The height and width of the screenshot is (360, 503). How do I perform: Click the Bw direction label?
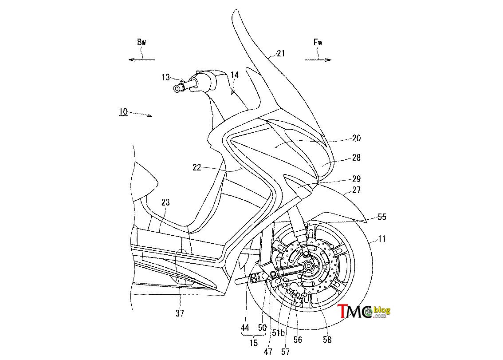point(141,42)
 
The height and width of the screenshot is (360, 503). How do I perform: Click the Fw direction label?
point(318,42)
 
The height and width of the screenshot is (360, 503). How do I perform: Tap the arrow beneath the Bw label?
point(141,59)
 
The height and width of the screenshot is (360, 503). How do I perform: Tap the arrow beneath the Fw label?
point(318,59)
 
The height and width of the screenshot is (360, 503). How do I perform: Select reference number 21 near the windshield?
point(281,53)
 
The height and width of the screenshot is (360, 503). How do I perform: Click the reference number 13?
point(166,77)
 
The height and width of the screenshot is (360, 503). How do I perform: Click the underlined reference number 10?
point(123,112)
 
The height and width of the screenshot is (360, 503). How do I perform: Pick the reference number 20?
point(356,138)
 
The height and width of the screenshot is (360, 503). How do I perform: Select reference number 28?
point(356,158)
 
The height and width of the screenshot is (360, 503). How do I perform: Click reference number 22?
point(196,167)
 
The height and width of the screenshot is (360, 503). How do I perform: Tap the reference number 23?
point(165,202)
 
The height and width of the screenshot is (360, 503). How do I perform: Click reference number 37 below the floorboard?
point(180,313)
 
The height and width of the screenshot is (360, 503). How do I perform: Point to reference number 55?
point(382,217)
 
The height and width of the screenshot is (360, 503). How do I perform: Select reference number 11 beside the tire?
point(382,239)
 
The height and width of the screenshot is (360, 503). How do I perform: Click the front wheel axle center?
point(309,265)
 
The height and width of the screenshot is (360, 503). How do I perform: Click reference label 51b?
point(278,333)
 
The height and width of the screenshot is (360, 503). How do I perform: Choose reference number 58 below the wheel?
point(327,340)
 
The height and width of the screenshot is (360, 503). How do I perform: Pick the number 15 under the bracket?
point(253,343)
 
